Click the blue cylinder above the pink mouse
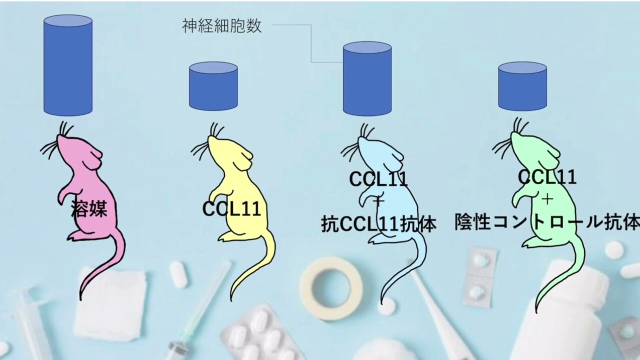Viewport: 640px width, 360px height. point(68,65)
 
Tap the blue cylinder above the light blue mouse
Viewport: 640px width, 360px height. point(367,80)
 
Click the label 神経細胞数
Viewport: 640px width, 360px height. point(222,26)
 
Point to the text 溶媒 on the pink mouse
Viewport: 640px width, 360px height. point(89,208)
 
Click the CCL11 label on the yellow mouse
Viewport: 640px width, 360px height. point(231,209)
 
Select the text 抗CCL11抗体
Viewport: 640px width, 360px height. point(378,224)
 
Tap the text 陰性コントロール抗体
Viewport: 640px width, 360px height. point(547,222)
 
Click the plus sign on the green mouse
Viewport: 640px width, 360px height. point(547,199)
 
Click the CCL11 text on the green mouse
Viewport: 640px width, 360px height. point(547,176)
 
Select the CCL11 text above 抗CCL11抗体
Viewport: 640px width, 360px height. point(378,178)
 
